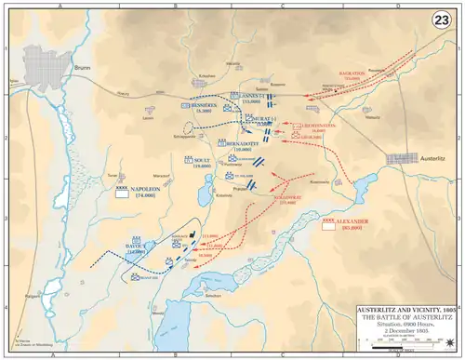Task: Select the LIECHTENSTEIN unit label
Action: [320, 127]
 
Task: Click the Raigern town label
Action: [33, 290]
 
